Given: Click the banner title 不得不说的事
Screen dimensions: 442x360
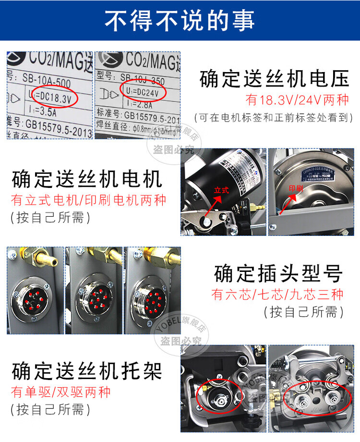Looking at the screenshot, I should (x=180, y=20).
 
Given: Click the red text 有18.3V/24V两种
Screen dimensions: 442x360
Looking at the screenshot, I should (x=297, y=100).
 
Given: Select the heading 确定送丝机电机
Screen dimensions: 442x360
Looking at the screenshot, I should (x=87, y=180).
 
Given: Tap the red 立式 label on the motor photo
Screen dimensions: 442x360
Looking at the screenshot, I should (x=221, y=190).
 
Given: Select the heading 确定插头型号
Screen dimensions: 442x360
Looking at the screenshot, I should (x=278, y=273).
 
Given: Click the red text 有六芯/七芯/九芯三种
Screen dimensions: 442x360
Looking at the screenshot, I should (x=277, y=294).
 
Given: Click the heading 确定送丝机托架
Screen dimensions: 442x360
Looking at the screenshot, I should (x=87, y=371).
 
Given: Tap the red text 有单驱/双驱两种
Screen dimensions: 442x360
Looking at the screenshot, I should (x=61, y=392).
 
